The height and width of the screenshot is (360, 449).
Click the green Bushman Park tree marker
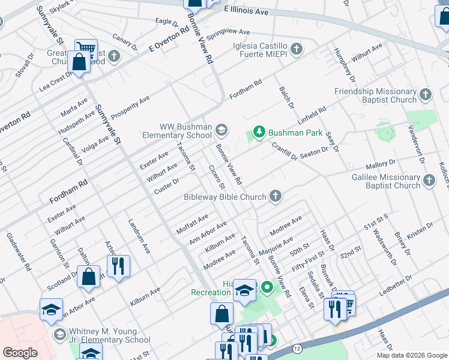point(259,132)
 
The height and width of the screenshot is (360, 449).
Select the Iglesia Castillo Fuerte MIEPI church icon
point(296,48)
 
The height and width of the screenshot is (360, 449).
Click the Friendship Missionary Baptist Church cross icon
point(426,94)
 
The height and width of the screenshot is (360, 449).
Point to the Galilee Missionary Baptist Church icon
point(429,180)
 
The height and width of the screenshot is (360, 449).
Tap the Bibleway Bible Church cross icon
point(275,196)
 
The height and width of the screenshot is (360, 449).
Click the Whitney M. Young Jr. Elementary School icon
point(59,334)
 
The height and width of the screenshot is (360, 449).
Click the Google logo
point(20,353)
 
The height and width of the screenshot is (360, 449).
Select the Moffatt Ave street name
point(192,224)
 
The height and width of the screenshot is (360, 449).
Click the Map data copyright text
point(411,355)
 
